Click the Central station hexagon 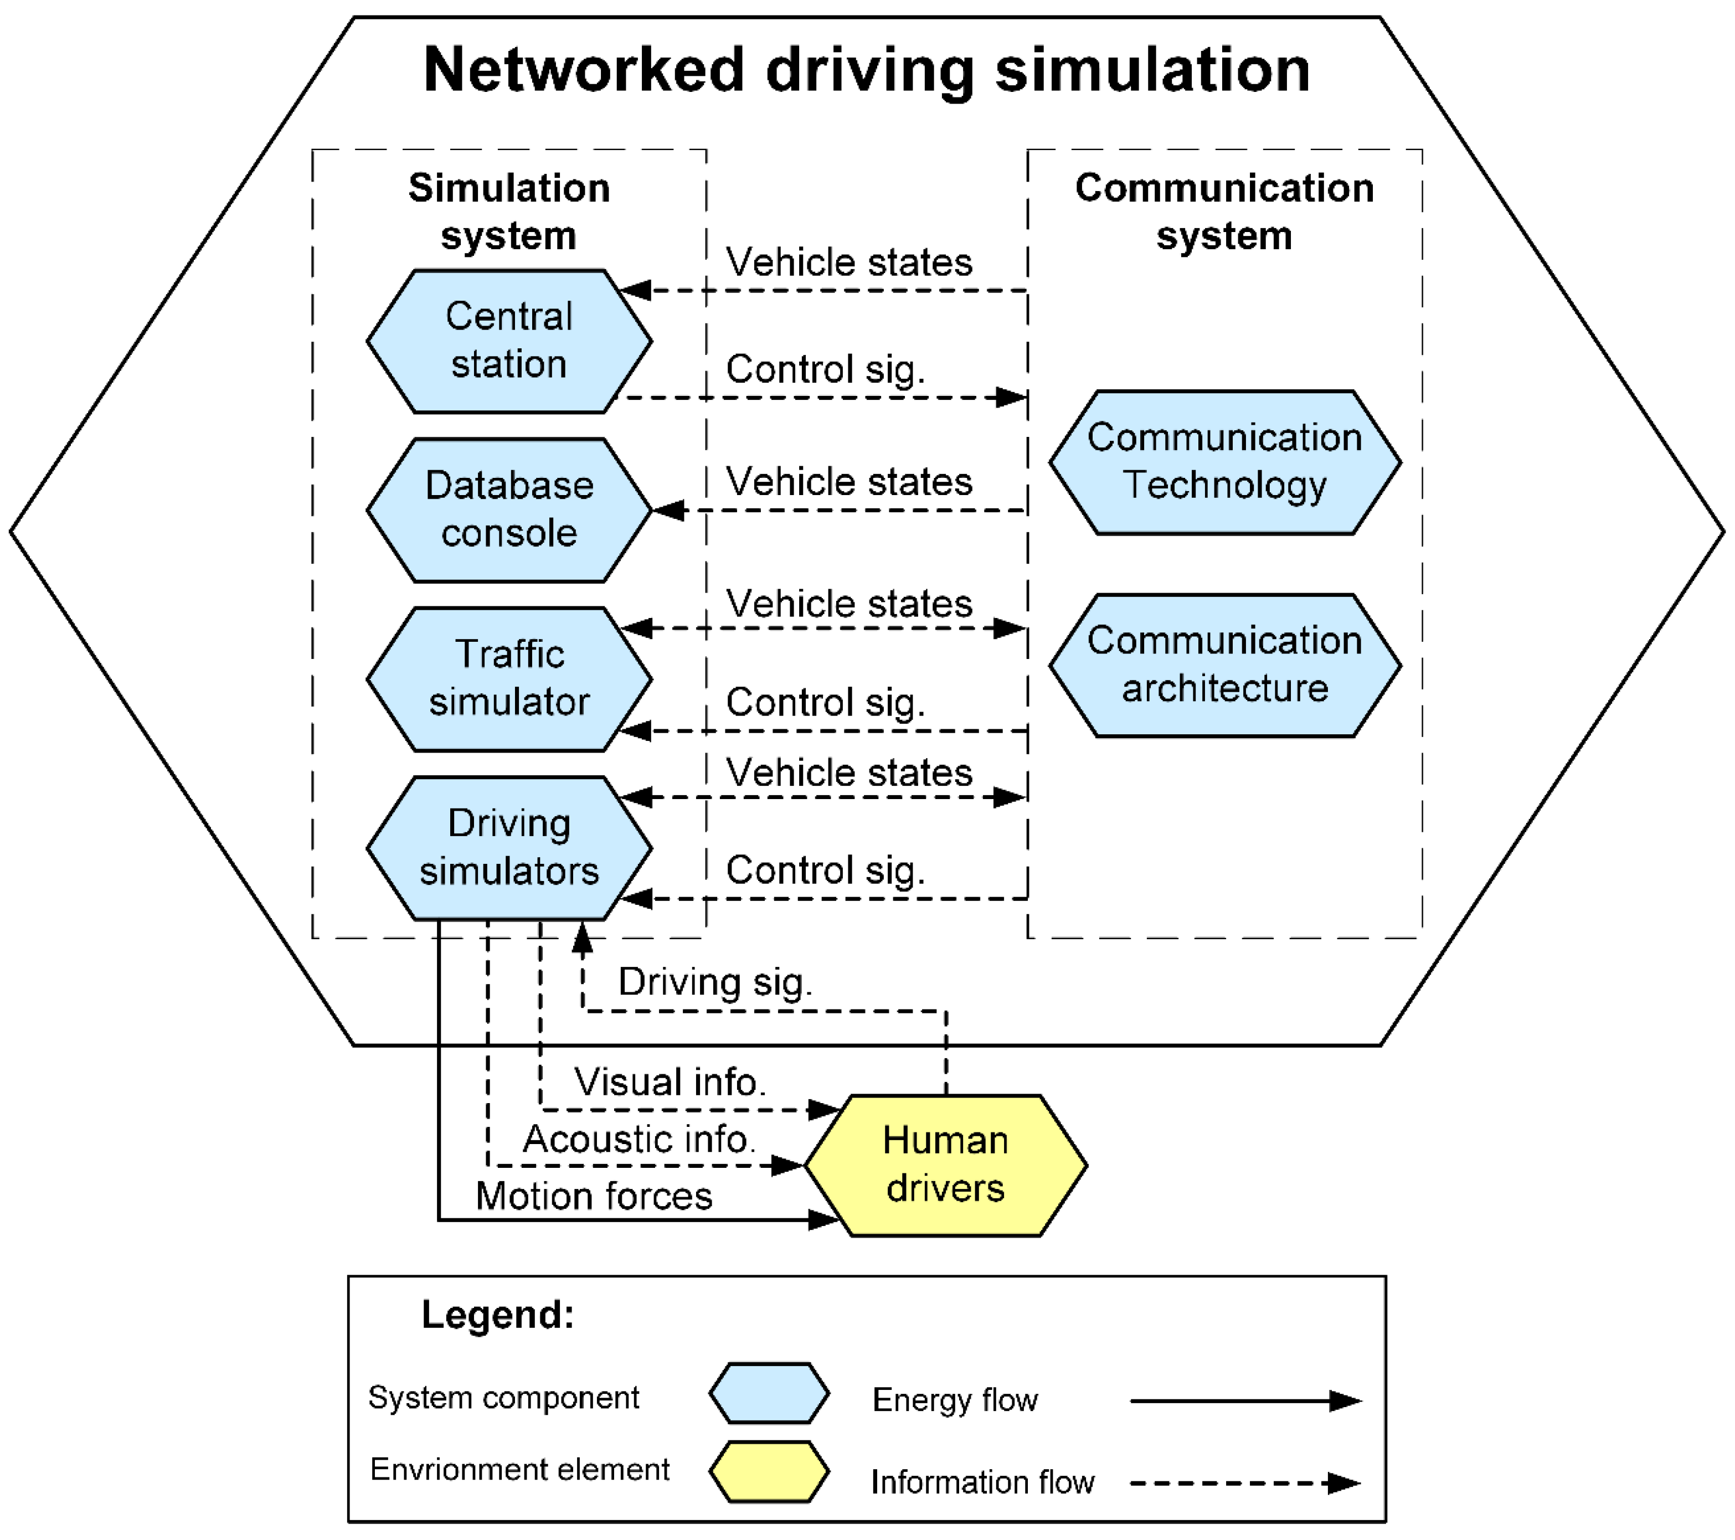pyautogui.click(x=509, y=341)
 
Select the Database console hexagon pyautogui.click(x=509, y=510)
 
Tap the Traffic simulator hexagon pyautogui.click(x=509, y=679)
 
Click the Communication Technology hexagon pyautogui.click(x=1225, y=462)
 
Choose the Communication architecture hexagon pyautogui.click(x=1225, y=665)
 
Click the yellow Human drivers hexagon pyautogui.click(x=946, y=1165)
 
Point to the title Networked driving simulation pyautogui.click(x=867, y=70)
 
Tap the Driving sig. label pyautogui.click(x=715, y=982)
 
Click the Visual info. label pyautogui.click(x=670, y=1081)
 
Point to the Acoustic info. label pyautogui.click(x=639, y=1139)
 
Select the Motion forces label pyautogui.click(x=593, y=1196)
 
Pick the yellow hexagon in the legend pyautogui.click(x=769, y=1471)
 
